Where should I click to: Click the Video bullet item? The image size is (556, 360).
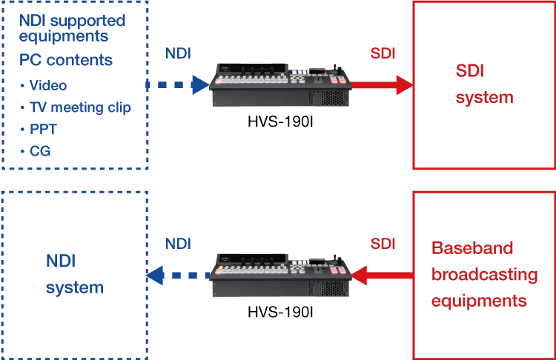point(47,86)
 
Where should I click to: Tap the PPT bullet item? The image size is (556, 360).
point(43,129)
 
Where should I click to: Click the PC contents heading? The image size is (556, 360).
point(66,59)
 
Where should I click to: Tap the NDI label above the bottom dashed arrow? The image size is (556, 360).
point(178,243)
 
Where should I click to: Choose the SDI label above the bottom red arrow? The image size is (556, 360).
point(383,243)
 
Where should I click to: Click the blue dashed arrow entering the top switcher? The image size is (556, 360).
point(178,85)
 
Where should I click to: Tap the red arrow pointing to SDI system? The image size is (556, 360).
point(383,85)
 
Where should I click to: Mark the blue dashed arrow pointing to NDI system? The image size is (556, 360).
point(178,276)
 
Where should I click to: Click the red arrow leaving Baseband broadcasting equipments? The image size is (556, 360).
point(383,276)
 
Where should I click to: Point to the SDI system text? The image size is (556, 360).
point(484,84)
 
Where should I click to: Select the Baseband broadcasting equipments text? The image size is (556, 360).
point(484,274)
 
